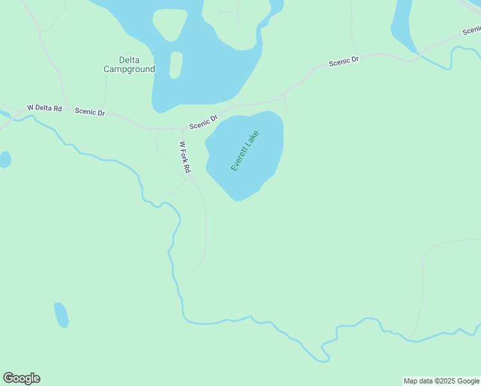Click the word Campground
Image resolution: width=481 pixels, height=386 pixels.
click(x=129, y=69)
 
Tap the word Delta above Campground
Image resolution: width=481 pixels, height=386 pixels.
click(x=129, y=60)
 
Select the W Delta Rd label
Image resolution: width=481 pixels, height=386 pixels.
click(x=44, y=108)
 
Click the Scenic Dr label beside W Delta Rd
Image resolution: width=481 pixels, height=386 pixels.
click(x=89, y=111)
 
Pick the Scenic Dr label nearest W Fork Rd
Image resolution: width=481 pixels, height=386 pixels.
click(x=203, y=122)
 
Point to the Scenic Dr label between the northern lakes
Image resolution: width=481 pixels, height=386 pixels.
click(x=343, y=61)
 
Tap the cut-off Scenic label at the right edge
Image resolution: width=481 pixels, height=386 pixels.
click(x=471, y=30)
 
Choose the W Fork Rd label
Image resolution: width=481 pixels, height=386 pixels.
click(x=185, y=157)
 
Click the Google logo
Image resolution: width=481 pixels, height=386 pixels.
click(x=21, y=378)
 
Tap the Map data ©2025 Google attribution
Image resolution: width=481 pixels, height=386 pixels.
click(x=442, y=381)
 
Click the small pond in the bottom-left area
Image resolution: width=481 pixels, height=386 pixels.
click(x=61, y=315)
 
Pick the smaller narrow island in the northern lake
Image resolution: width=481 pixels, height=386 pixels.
click(x=176, y=64)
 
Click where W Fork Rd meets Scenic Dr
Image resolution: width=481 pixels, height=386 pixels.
click(x=182, y=128)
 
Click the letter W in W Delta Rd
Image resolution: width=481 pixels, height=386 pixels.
click(x=30, y=107)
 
